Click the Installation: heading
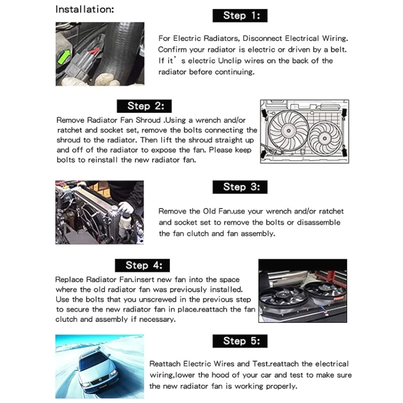84,9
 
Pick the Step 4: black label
142,265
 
